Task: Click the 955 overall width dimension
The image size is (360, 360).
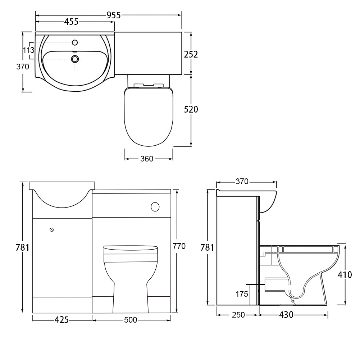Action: [x=114, y=15]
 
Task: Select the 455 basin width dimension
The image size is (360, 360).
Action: [x=71, y=22]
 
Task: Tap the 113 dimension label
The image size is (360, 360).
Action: [x=29, y=50]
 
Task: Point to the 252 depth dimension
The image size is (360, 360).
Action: [x=191, y=54]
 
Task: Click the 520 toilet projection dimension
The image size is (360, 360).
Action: [x=191, y=110]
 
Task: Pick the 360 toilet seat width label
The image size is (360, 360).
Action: [x=147, y=159]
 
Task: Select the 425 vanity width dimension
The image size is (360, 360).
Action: [x=61, y=320]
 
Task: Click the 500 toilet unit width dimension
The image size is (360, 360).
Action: [x=131, y=320]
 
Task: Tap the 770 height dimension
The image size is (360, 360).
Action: [x=179, y=246]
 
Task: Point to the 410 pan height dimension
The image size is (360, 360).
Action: [x=345, y=275]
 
